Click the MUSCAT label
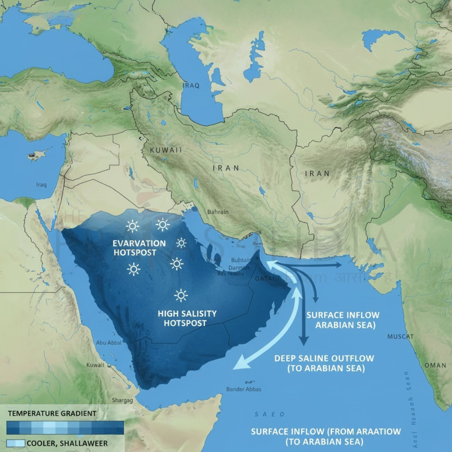click(400, 336)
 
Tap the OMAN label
click(435, 365)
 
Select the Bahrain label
click(218, 212)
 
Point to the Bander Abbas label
click(244, 389)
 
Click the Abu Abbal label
click(109, 342)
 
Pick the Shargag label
click(122, 400)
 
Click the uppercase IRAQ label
click(191, 86)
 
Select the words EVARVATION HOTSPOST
click(139, 248)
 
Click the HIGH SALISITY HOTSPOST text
click(187, 318)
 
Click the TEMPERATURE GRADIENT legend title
click(52, 413)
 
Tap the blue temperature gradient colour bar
click(65, 428)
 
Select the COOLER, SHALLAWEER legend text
click(67, 443)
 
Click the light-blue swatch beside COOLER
click(15, 443)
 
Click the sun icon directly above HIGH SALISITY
click(181, 296)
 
